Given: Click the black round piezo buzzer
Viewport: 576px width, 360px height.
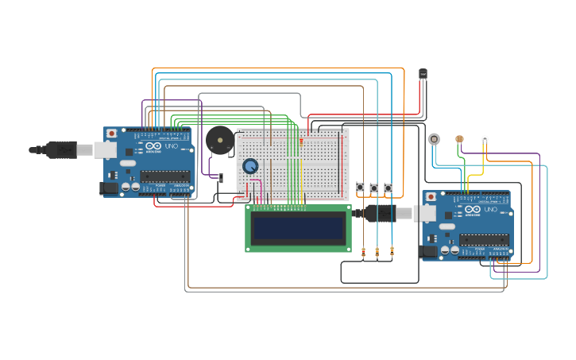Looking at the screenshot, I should [x=219, y=141].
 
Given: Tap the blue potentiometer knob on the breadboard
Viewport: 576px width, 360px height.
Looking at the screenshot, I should [x=250, y=166].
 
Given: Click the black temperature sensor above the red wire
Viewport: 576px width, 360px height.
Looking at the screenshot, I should [x=423, y=74].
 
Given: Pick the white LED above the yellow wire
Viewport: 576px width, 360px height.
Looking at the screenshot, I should [x=485, y=139].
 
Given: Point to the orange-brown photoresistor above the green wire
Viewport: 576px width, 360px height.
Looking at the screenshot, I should [x=459, y=138].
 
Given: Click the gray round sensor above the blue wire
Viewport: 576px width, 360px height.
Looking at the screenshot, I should [x=434, y=138].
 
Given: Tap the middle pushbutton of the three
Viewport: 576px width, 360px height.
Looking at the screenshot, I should [x=374, y=188].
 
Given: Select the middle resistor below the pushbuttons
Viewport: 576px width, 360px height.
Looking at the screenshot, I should [x=377, y=254].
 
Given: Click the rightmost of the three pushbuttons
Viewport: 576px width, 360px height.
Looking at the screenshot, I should [x=389, y=188].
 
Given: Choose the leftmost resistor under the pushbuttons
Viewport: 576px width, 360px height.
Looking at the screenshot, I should [x=364, y=254].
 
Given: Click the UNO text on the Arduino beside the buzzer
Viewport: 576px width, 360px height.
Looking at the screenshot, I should [x=172, y=146].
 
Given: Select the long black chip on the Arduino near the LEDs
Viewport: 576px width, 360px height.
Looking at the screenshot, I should [x=484, y=239].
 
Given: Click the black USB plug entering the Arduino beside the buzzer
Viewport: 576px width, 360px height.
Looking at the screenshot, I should [x=62, y=149].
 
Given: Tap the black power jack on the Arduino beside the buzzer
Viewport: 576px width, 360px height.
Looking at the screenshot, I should [x=109, y=188].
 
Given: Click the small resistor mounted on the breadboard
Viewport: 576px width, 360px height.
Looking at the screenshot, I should [x=301, y=141].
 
